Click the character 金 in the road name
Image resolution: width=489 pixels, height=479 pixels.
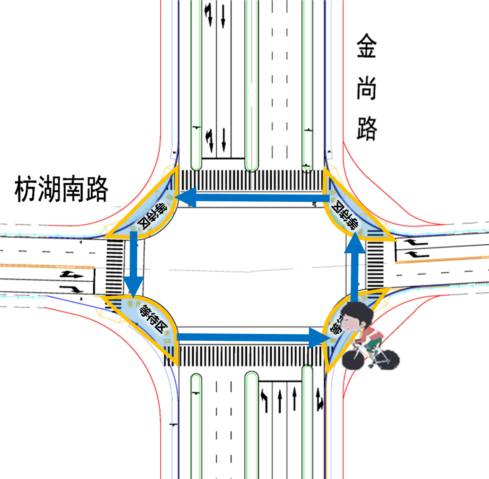click(x=366, y=47)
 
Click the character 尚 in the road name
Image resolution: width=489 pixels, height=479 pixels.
click(x=366, y=88)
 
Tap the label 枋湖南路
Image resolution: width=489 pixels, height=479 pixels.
click(x=62, y=190)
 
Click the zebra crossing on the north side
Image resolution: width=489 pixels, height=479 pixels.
click(x=252, y=180)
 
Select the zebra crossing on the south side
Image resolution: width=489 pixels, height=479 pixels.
click(x=252, y=355)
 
